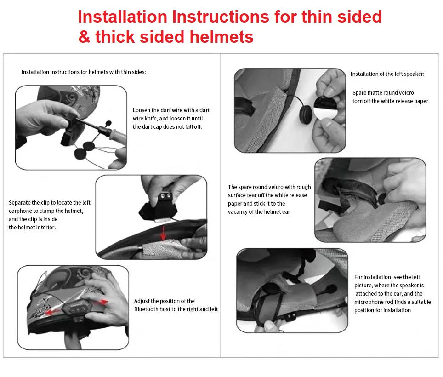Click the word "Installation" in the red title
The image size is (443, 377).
123,17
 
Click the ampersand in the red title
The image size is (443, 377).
84,37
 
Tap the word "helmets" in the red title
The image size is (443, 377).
221,37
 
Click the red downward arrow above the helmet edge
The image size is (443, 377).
163,233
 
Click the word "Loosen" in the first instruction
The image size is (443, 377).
142,110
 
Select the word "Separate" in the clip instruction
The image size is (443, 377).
20,203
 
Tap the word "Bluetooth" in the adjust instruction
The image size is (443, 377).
146,309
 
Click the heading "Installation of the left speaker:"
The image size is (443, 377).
387,74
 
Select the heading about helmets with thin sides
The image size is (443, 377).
84,72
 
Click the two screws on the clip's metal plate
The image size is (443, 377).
166,195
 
